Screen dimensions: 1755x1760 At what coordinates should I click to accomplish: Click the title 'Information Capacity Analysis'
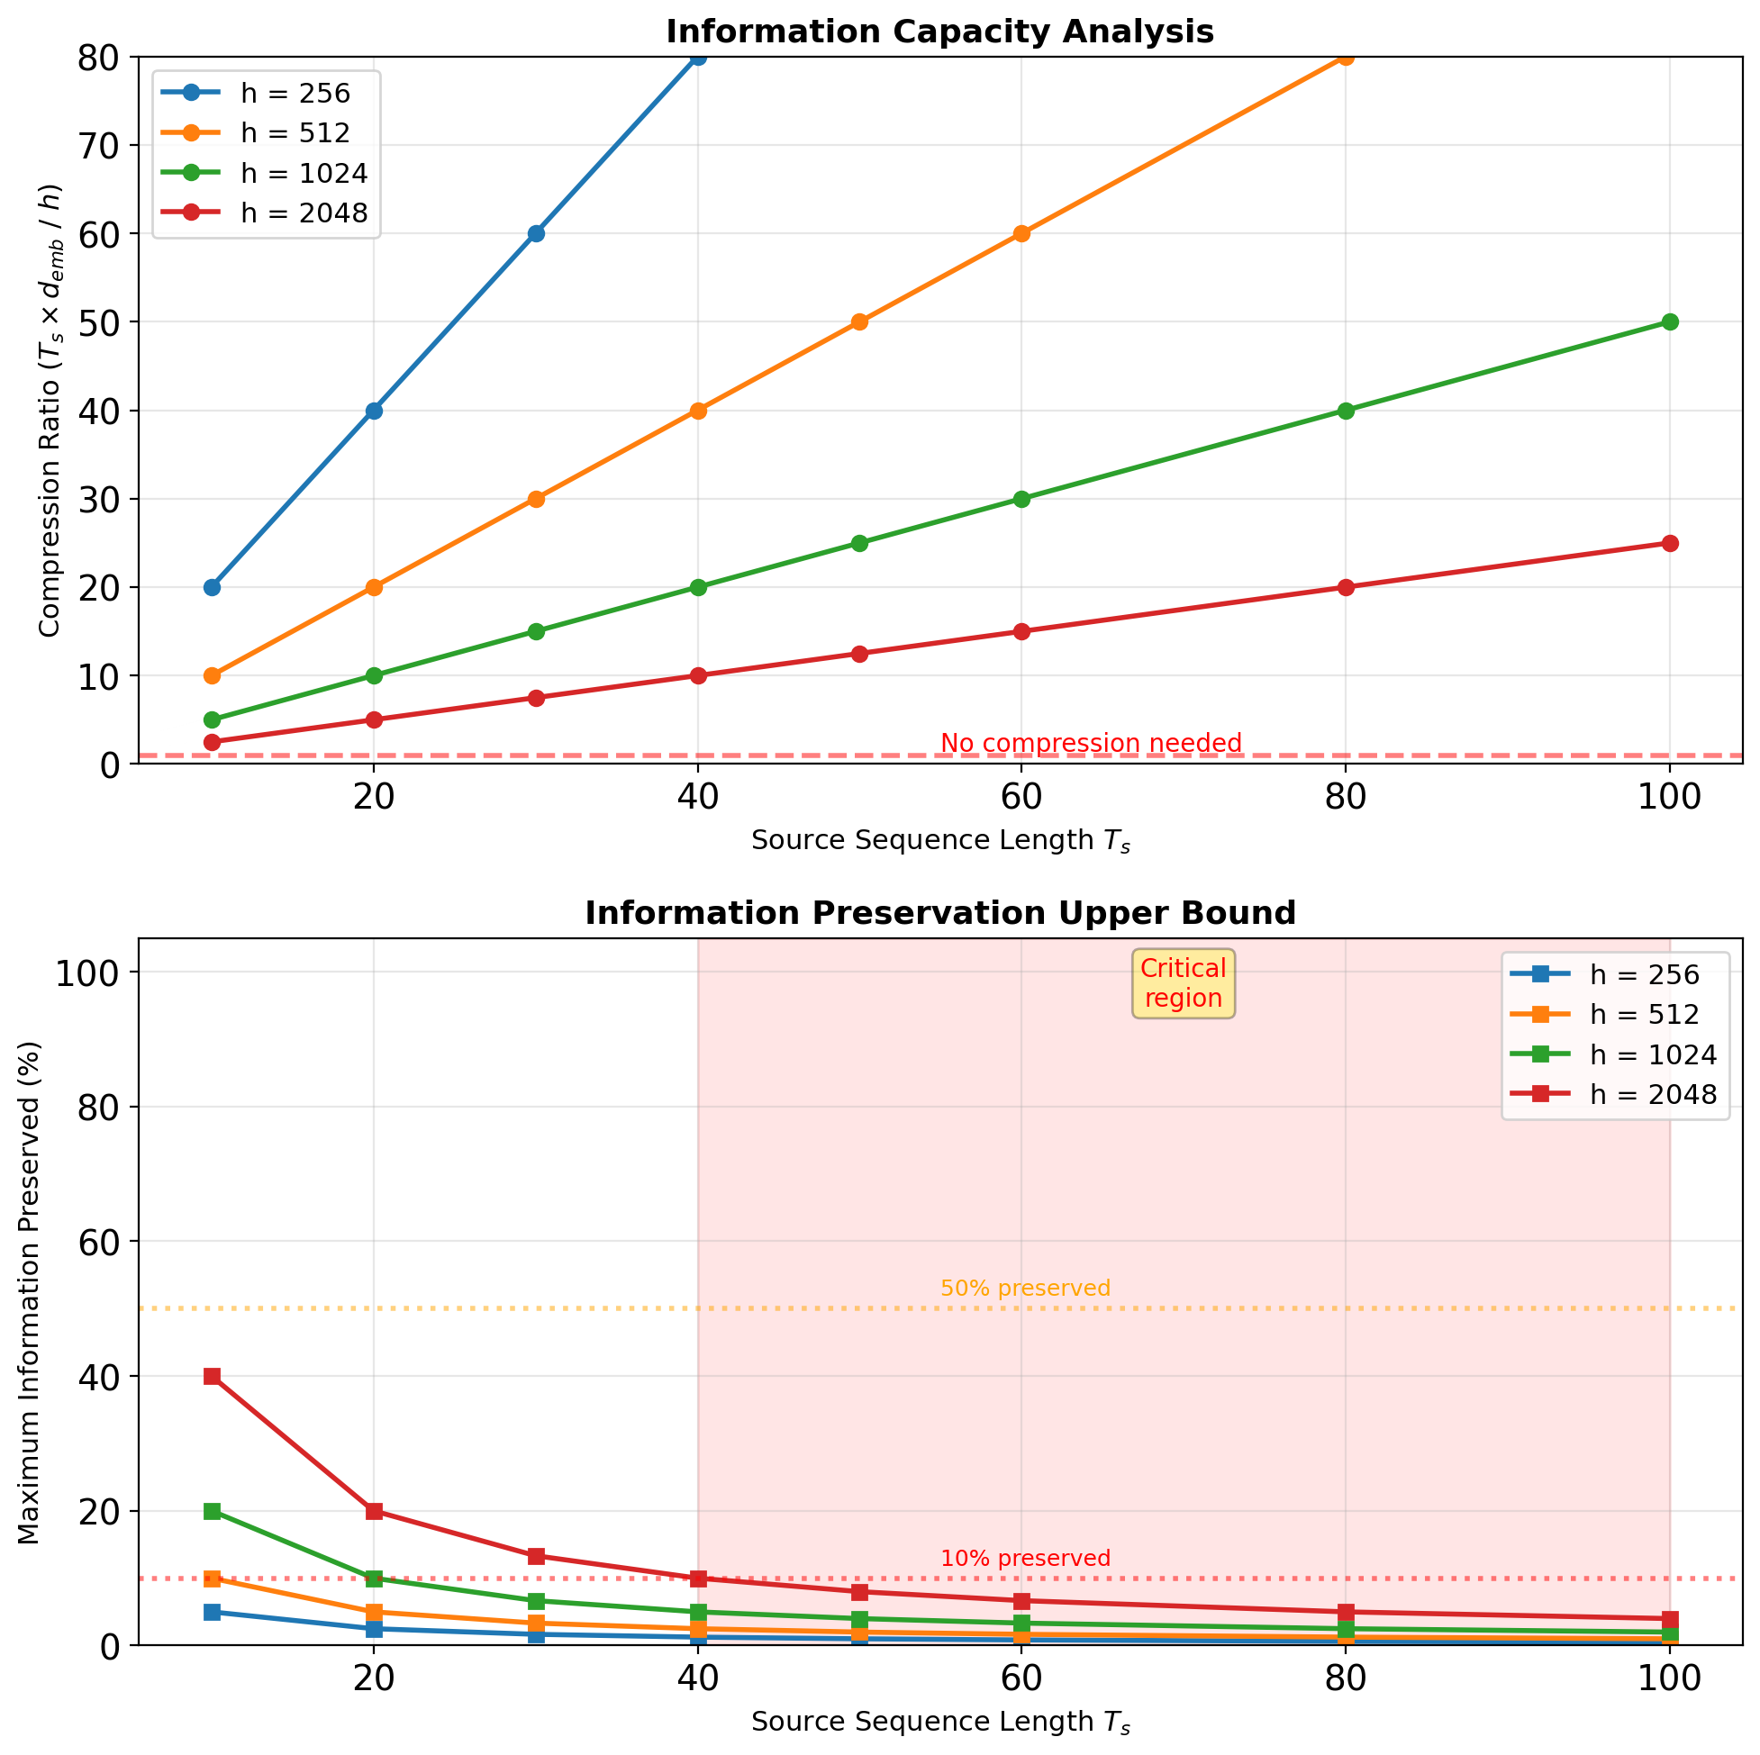tap(939, 32)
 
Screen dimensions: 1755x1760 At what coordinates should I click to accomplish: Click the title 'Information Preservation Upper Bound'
tap(939, 912)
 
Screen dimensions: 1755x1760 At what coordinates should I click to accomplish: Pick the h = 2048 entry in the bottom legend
tap(1653, 1095)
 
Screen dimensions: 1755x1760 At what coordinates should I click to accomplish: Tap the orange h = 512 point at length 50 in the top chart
tap(859, 322)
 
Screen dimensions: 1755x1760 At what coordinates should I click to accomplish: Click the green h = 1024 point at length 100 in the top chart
tap(1670, 322)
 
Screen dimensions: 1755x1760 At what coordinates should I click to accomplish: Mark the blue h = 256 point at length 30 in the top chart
tap(536, 234)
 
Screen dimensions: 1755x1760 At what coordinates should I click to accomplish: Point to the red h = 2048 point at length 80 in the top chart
tap(1346, 587)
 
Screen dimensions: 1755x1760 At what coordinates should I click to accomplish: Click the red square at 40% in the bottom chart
tap(213, 1376)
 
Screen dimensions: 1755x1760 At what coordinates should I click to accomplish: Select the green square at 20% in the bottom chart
tap(213, 1511)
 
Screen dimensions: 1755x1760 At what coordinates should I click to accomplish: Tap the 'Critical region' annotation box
tap(1184, 983)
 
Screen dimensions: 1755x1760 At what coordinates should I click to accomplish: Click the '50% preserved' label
tap(1025, 1289)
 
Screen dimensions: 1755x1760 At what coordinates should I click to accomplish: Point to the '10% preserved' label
tap(1025, 1559)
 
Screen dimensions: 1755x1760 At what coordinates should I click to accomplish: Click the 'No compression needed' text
tap(1091, 743)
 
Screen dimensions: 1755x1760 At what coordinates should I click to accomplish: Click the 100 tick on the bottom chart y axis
tap(86, 973)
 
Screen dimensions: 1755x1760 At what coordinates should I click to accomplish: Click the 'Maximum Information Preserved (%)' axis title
tap(29, 1293)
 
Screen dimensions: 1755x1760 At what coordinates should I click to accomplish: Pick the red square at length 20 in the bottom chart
tap(374, 1511)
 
